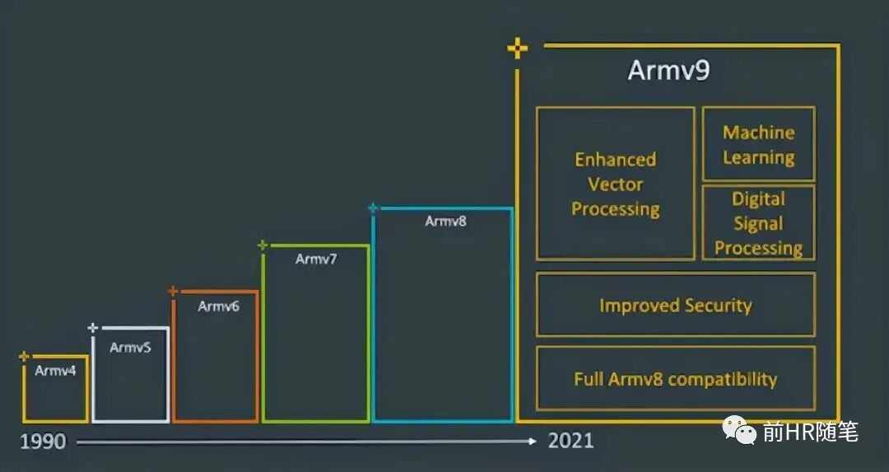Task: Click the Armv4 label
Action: click(55, 371)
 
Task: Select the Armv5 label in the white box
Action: click(131, 347)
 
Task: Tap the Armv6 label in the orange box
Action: click(219, 306)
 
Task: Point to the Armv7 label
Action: click(316, 259)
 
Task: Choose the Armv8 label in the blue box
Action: click(445, 221)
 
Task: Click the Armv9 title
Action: click(668, 71)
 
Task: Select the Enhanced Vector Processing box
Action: click(616, 184)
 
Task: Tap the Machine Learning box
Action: click(758, 144)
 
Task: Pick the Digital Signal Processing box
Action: click(758, 223)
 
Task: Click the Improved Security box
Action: click(675, 306)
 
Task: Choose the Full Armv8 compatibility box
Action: click(675, 379)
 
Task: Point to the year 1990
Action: click(43, 442)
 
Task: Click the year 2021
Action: click(570, 441)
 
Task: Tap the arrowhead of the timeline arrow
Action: click(533, 442)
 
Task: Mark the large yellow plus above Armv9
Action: click(518, 49)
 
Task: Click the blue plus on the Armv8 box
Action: click(373, 208)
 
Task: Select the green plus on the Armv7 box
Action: click(263, 245)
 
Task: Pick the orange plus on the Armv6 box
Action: click(173, 291)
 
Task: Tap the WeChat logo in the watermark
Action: click(739, 430)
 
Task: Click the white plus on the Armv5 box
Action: click(93, 328)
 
